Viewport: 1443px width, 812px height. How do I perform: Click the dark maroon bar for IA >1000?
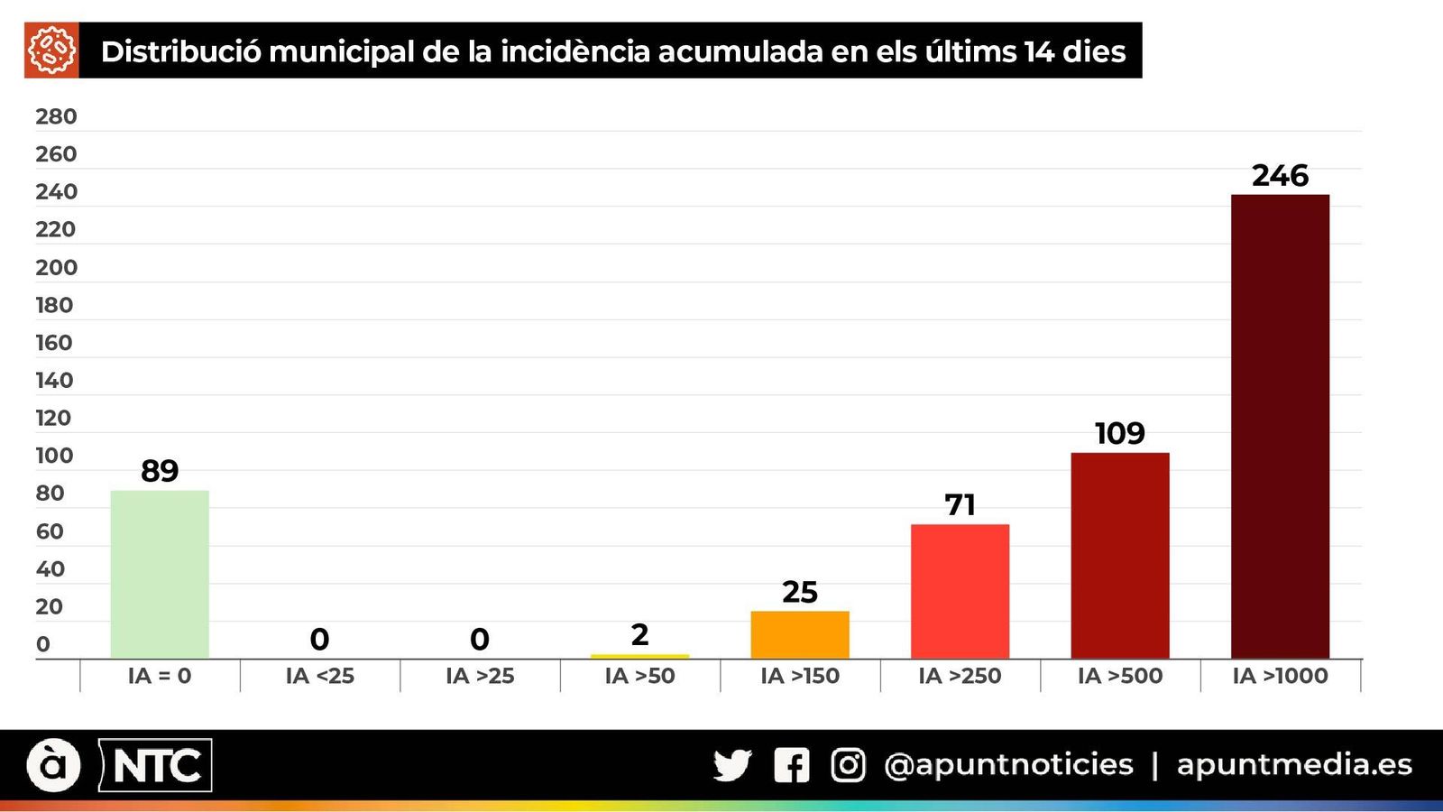[x=1280, y=426]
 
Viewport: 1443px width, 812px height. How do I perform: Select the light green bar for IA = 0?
[x=160, y=574]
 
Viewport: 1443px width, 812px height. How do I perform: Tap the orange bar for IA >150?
[x=800, y=634]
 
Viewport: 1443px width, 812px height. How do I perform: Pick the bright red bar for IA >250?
[x=960, y=591]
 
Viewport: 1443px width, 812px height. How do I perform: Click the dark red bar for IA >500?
[x=1120, y=555]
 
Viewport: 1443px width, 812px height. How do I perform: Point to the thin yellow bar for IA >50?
[x=639, y=656]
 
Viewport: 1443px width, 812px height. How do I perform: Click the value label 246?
[x=1280, y=175]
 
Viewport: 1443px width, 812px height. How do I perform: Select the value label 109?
[x=1120, y=433]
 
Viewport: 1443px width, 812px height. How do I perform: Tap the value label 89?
[x=160, y=470]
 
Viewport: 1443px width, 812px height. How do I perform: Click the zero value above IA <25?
[x=319, y=639]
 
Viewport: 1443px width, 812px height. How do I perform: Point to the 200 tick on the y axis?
[x=56, y=267]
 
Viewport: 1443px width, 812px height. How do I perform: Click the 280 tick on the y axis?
[x=56, y=116]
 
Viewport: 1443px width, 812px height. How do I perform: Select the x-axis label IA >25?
[x=480, y=676]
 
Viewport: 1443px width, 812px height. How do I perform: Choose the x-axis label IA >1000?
[x=1280, y=676]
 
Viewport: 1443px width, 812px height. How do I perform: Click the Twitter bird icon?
[x=732, y=765]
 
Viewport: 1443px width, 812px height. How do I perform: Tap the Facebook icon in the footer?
[x=791, y=765]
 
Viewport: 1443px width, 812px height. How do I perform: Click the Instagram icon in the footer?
[x=848, y=765]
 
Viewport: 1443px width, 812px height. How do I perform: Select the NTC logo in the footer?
[x=155, y=766]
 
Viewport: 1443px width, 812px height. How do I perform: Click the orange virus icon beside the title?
[x=51, y=51]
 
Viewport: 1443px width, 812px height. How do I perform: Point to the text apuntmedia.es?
[x=1294, y=765]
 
